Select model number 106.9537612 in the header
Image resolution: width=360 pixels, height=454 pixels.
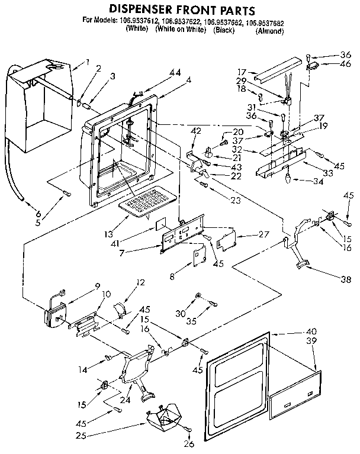click(140, 22)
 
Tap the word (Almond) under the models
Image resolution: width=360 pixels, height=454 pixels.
click(269, 31)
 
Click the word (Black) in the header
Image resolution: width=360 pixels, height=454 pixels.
click(224, 31)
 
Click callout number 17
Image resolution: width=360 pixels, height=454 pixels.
click(243, 72)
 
